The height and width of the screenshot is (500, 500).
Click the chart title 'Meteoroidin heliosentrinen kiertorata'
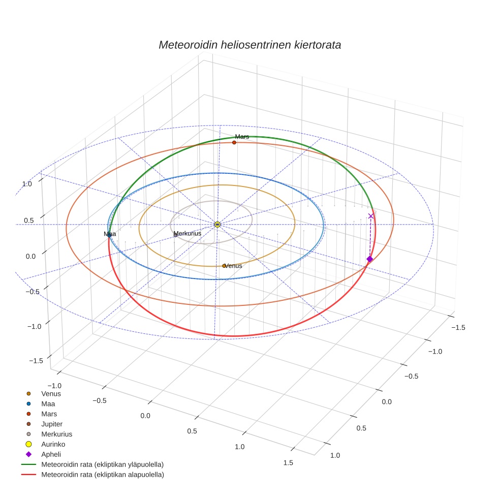[x=249, y=45]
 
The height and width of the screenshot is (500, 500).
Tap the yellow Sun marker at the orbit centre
[x=217, y=225]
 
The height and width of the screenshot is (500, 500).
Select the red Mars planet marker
[x=234, y=142]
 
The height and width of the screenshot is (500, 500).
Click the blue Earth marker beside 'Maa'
[x=109, y=235]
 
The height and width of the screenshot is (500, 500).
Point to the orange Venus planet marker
[x=224, y=266]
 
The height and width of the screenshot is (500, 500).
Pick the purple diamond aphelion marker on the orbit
[x=369, y=259]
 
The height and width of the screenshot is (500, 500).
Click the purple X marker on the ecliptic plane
[x=371, y=216]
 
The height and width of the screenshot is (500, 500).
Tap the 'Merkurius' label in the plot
[x=188, y=233]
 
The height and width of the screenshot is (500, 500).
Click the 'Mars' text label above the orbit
[x=242, y=137]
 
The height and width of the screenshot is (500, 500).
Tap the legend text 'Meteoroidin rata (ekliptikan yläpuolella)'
[x=102, y=464]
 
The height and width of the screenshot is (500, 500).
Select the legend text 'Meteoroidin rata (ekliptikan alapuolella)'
[x=102, y=475]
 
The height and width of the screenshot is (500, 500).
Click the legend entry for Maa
[x=48, y=403]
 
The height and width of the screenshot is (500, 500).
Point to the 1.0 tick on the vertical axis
[x=27, y=184]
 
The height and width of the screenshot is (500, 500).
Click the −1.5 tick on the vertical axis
[x=35, y=361]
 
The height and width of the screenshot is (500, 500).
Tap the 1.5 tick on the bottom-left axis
[x=288, y=462]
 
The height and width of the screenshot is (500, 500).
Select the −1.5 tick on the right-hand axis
[x=459, y=328]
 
